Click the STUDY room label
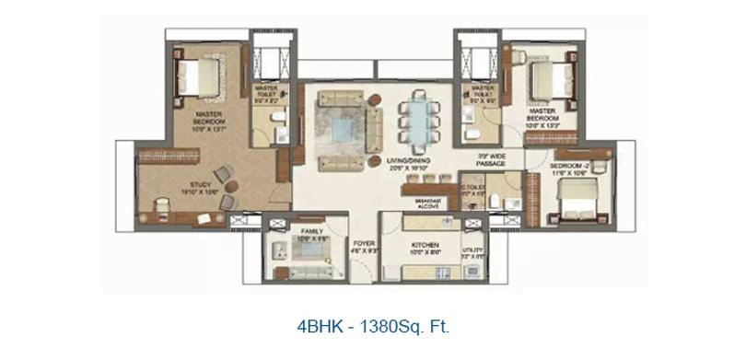pyautogui.click(x=188, y=184)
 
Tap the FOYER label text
pyautogui.click(x=363, y=243)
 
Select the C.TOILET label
pyautogui.click(x=475, y=192)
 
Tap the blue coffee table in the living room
pyautogui.click(x=344, y=130)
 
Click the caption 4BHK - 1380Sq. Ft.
pyautogui.click(x=373, y=325)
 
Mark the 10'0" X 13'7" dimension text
pyautogui.click(x=209, y=130)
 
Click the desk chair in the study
pyautogui.click(x=163, y=204)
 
